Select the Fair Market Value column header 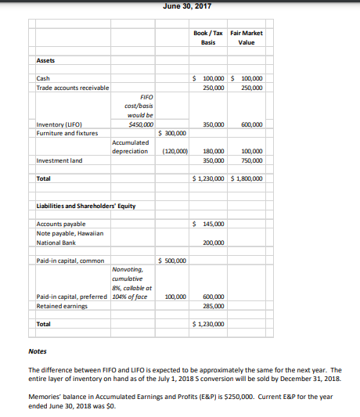pos(247,38)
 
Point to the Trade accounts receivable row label pos(72,87)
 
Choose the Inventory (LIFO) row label pos(62,124)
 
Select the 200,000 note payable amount pos(213,243)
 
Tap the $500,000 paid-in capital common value pos(172,261)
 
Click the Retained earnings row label pos(62,305)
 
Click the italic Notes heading pos(37,350)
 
